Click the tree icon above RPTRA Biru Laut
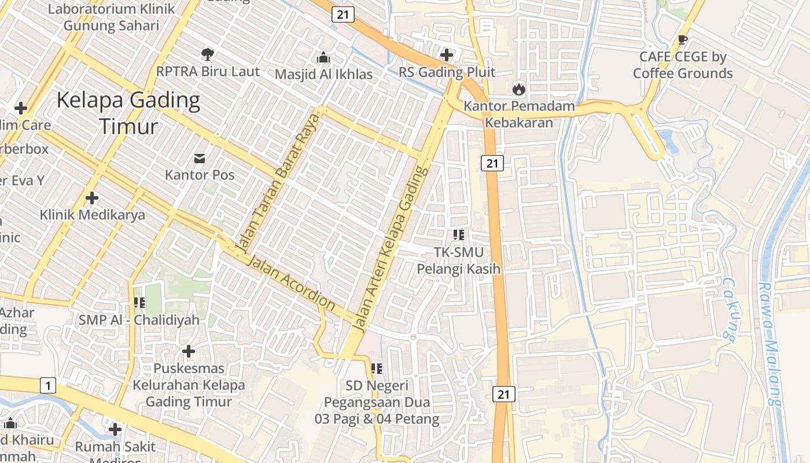click(208, 54)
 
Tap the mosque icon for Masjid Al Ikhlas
click(323, 57)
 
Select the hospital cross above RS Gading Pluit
click(447, 55)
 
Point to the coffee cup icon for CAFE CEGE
click(683, 40)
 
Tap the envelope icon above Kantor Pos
click(200, 158)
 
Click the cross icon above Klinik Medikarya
click(91, 199)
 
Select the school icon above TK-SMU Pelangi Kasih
click(459, 235)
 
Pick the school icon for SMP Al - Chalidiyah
click(139, 303)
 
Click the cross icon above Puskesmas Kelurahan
click(188, 351)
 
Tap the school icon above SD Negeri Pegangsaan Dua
click(377, 368)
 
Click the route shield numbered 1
click(48, 385)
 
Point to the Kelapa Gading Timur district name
click(128, 113)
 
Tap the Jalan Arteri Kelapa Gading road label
click(393, 250)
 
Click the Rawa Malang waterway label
click(770, 344)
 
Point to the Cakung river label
click(728, 310)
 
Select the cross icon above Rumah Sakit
click(115, 429)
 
